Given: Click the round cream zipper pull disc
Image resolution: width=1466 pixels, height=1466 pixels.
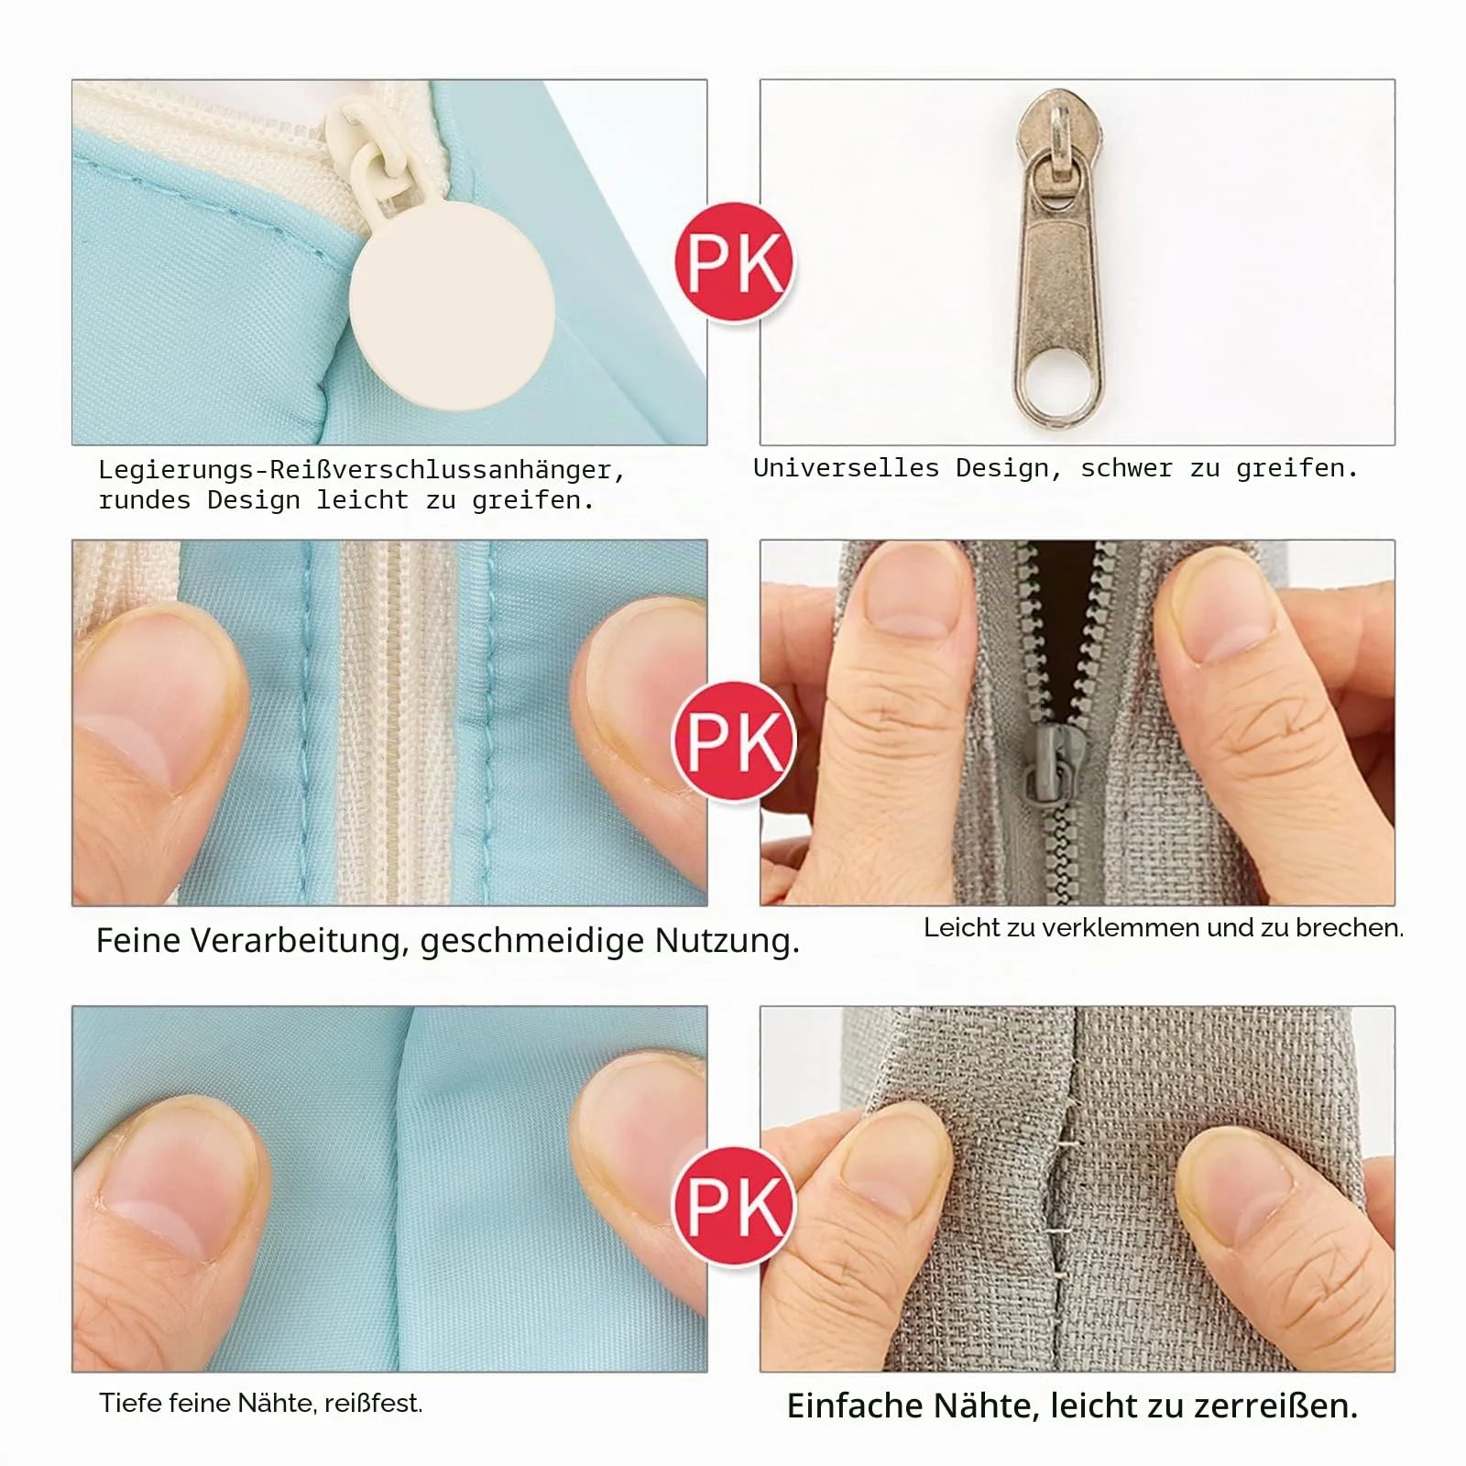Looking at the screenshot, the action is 452,305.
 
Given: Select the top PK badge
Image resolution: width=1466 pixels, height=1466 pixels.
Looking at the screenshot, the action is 734,262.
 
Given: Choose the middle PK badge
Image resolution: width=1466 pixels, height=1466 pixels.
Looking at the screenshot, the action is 734,740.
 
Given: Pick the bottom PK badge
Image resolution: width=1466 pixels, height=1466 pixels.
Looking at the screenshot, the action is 734,1206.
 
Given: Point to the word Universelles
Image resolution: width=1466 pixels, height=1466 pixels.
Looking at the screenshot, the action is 847,468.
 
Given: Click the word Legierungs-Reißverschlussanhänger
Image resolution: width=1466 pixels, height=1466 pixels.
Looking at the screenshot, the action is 362,471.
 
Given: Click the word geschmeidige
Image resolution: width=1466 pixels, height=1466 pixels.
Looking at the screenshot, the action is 532,942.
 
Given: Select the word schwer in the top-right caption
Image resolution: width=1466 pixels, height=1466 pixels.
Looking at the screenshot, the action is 1126,468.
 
